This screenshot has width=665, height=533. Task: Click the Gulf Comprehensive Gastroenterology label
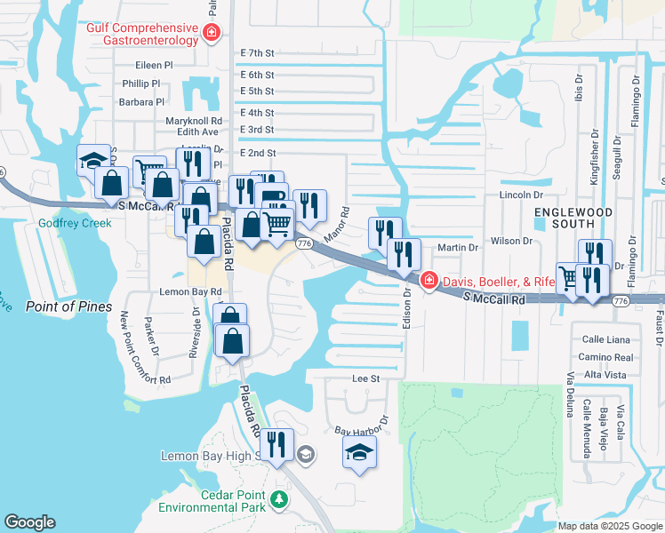(141, 34)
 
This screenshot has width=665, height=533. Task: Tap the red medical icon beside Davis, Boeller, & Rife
(429, 281)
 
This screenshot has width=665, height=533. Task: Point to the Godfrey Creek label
(75, 223)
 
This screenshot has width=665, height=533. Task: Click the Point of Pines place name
(68, 306)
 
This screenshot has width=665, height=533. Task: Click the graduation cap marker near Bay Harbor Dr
(360, 453)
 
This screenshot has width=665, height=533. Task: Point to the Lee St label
(366, 378)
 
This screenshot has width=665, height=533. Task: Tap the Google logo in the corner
(29, 522)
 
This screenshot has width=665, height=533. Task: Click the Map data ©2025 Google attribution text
(610, 525)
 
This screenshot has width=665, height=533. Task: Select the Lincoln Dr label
(521, 195)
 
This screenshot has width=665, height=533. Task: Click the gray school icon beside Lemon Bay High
(305, 455)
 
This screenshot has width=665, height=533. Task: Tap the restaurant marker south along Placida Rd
(276, 443)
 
